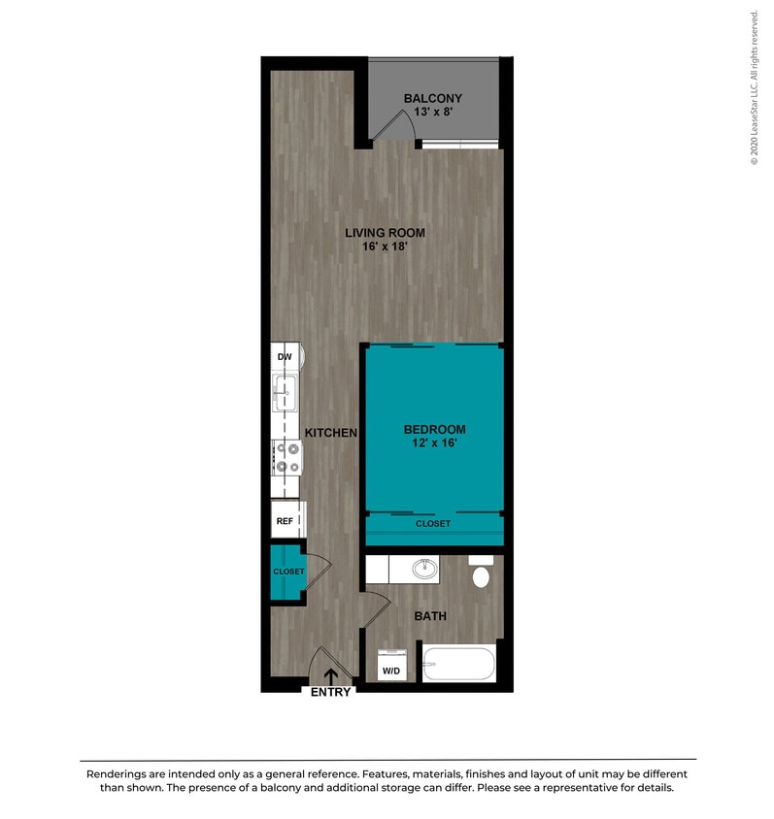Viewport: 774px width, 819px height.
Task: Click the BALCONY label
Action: (x=433, y=99)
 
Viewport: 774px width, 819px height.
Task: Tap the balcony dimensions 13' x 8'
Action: (x=433, y=113)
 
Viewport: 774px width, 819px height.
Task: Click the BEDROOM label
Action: (x=434, y=430)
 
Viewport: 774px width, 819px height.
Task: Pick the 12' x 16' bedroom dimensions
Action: (x=434, y=443)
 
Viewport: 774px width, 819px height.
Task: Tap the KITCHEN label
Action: (x=332, y=433)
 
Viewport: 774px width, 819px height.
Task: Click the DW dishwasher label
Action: (x=285, y=358)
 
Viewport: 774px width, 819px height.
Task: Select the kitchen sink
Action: (x=286, y=396)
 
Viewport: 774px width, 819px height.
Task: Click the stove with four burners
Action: (x=286, y=457)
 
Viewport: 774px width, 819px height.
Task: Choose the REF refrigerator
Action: (x=286, y=521)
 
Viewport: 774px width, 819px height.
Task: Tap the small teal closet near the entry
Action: (x=287, y=573)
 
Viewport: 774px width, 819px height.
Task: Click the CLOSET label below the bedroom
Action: (x=433, y=524)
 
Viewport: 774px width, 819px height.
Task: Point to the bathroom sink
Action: (x=425, y=568)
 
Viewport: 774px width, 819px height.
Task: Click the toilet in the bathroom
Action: (x=481, y=574)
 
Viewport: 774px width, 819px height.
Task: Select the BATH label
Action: (x=430, y=615)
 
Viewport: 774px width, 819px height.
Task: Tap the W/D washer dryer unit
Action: (x=392, y=666)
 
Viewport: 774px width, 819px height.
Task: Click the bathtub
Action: (x=458, y=665)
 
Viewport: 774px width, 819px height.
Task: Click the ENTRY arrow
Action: (x=331, y=676)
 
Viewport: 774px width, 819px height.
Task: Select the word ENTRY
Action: (x=330, y=692)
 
